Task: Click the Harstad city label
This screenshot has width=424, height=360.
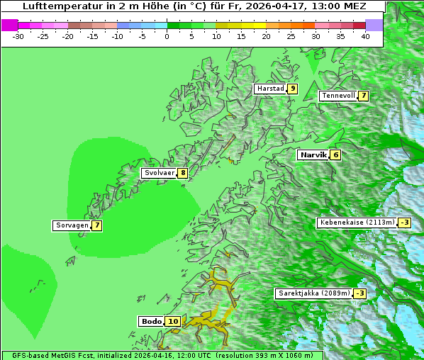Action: pyautogui.click(x=270, y=89)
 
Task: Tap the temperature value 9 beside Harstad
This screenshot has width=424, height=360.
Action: pyautogui.click(x=292, y=89)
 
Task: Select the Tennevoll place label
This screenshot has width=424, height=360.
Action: pyautogui.click(x=338, y=96)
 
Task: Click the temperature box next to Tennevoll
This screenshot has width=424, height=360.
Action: pyautogui.click(x=363, y=96)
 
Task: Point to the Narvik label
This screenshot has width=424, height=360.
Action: pyautogui.click(x=313, y=154)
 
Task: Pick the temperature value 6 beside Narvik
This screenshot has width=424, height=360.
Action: pyautogui.click(x=335, y=154)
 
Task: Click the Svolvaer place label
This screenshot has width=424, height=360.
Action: pyautogui.click(x=160, y=173)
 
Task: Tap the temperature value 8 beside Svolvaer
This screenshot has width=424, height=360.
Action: pyautogui.click(x=183, y=173)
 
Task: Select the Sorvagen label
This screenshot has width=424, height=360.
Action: pyautogui.click(x=72, y=225)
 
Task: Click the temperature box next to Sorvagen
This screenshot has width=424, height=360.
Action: pyautogui.click(x=96, y=225)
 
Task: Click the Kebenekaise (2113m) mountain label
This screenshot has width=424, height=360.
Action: pyautogui.click(x=357, y=223)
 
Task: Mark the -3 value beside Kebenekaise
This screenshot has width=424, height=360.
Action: pyautogui.click(x=404, y=223)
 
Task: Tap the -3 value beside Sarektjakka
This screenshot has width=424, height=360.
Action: pyautogui.click(x=360, y=293)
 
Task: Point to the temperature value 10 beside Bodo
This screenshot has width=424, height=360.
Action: pyautogui.click(x=174, y=321)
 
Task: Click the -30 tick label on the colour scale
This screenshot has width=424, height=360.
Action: pyautogui.click(x=18, y=36)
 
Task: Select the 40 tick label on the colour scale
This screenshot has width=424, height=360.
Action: pyautogui.click(x=365, y=36)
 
